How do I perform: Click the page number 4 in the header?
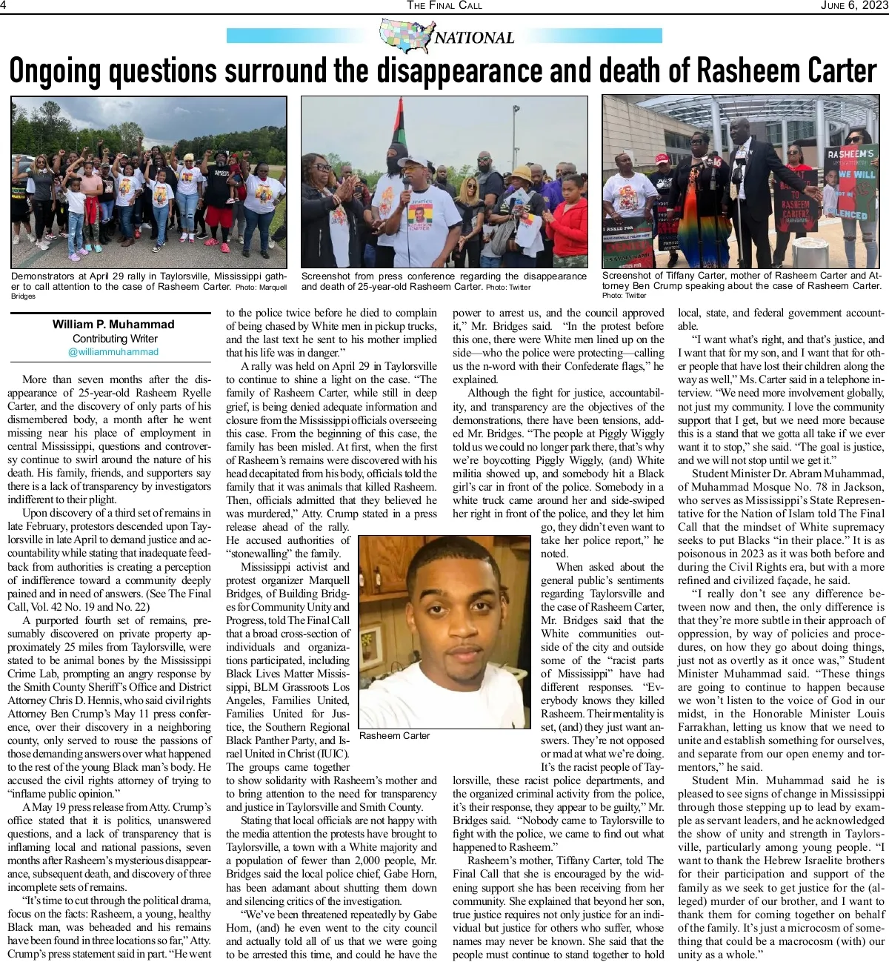4,5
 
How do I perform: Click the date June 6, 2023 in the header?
853,5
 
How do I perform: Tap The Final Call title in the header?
444,5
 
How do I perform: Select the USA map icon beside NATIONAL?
404,36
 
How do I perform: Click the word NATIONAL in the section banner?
474,38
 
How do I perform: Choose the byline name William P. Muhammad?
113,325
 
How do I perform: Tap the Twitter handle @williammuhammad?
113,351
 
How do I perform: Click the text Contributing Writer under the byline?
113,338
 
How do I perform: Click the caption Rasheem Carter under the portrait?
394,735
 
